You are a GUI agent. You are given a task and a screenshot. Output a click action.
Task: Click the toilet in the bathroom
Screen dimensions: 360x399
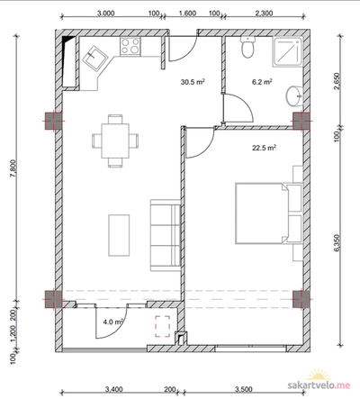click(248, 47)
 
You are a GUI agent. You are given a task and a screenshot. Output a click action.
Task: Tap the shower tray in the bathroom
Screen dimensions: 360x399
click(287, 51)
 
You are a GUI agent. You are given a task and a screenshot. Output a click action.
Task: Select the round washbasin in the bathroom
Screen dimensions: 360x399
click(294, 95)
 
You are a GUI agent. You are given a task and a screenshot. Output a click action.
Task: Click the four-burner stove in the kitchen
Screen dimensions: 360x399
click(130, 46)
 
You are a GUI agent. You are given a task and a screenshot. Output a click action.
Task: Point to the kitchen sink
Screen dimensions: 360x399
click(94, 59)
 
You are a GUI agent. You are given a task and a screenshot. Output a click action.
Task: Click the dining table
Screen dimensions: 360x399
click(115, 141)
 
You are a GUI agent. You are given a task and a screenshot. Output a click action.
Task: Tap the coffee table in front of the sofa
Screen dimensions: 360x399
click(119, 235)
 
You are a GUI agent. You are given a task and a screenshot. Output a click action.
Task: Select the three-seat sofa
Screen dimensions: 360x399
click(166, 235)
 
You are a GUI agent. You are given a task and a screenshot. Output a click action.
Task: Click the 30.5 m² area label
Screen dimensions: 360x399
click(193, 82)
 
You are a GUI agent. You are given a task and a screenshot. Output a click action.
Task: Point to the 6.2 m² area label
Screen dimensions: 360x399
click(262, 82)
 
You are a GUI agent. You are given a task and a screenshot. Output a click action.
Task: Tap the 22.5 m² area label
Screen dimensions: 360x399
click(264, 148)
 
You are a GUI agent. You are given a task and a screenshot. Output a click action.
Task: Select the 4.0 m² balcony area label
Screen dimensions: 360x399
click(113, 322)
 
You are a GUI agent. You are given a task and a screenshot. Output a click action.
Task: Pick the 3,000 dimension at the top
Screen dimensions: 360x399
click(106, 13)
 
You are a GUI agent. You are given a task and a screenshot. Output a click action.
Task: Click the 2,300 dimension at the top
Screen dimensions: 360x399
click(264, 13)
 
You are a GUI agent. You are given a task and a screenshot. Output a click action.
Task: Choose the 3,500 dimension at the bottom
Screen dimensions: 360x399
click(244, 389)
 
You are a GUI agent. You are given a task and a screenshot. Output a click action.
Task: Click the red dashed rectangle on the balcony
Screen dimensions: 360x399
click(162, 326)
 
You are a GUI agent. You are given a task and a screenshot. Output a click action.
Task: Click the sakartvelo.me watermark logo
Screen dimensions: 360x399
click(319, 381)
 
